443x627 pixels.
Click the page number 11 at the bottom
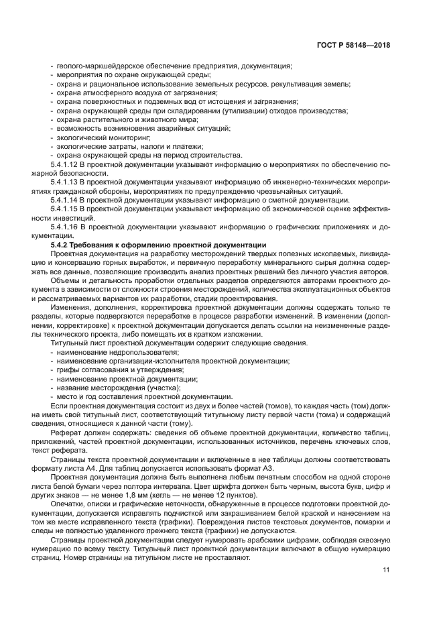386,570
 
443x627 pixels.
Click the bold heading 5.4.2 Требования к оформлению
158,245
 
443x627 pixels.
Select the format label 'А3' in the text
251,467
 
